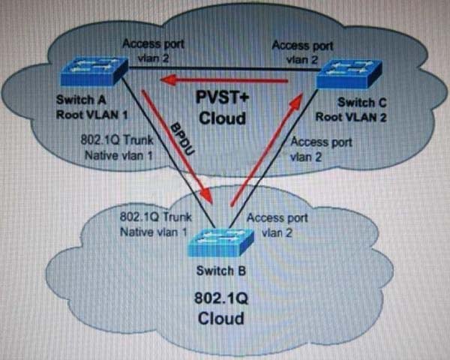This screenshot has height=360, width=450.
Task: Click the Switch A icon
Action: point(94,71)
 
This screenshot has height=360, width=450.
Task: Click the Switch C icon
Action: point(349,73)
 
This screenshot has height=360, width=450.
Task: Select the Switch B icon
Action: point(220,242)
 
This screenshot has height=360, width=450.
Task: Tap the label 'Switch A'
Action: point(81,100)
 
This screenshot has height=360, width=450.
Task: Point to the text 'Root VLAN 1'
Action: point(91,115)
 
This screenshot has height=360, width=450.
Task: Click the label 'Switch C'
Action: point(362,103)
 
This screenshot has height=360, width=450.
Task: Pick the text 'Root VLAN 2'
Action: point(351,118)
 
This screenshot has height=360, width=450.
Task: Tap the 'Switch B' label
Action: point(221,271)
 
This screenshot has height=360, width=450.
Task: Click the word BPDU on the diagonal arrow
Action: point(182,139)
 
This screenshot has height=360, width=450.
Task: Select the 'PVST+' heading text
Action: point(223,97)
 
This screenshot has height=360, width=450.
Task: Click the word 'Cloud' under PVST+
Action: point(223,118)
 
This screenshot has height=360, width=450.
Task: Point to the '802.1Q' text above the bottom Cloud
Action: point(221,298)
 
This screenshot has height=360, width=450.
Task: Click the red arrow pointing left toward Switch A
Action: point(223,80)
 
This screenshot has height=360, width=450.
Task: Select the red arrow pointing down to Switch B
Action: point(177,147)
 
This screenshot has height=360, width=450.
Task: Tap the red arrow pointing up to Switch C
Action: point(266,149)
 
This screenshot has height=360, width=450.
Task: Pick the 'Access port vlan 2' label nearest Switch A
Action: point(153,51)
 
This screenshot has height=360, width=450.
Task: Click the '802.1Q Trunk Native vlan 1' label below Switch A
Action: point(117,148)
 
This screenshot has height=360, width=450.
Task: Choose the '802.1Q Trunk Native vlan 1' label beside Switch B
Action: point(155,224)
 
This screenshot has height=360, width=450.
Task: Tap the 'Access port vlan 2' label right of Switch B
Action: point(277,225)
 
